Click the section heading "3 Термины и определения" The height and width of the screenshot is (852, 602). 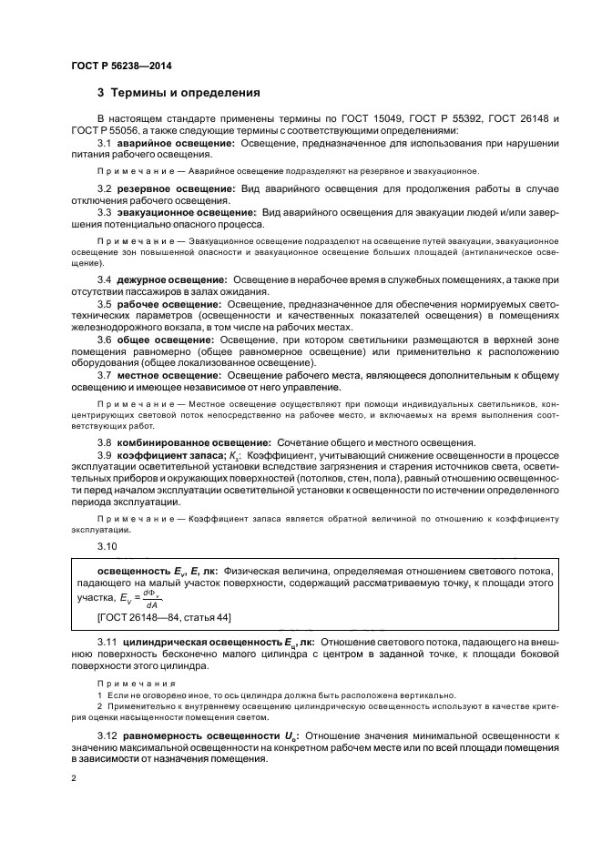179,93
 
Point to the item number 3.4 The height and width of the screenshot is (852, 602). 105,279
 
